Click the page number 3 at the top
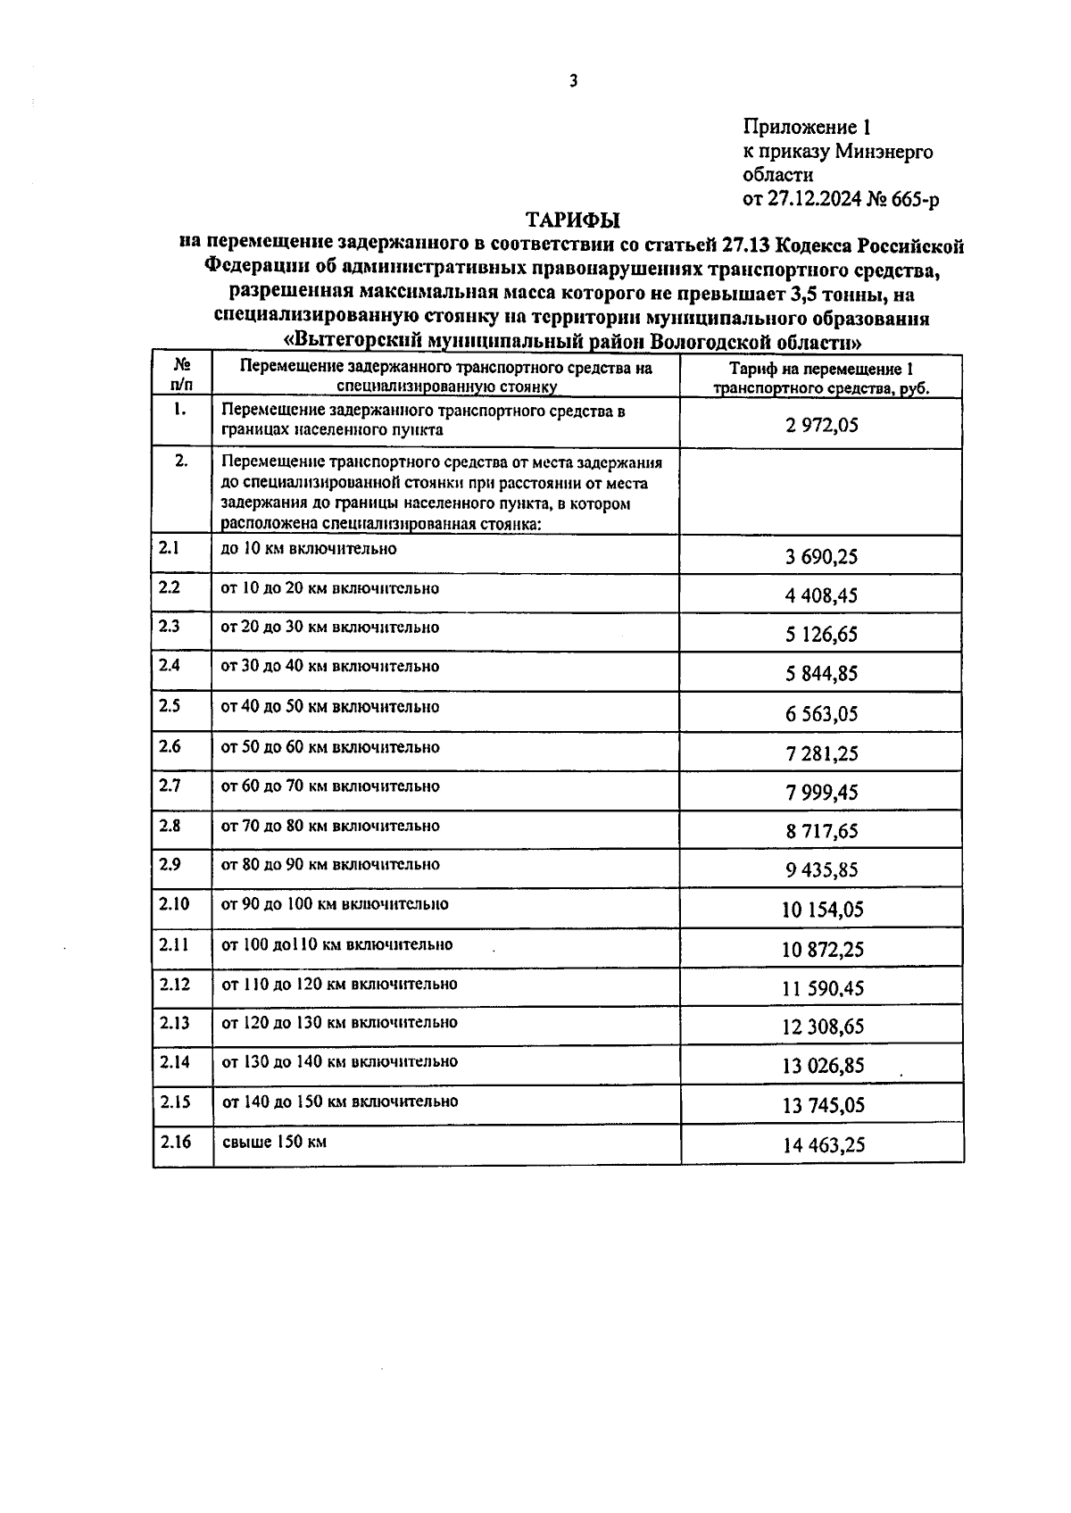click(574, 81)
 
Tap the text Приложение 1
click(806, 128)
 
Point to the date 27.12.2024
click(814, 200)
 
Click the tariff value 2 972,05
click(822, 425)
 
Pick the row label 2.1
click(170, 548)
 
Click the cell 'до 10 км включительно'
click(308, 549)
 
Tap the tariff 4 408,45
click(822, 595)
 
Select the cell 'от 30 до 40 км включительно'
click(330, 667)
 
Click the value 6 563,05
click(822, 714)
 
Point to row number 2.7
click(170, 786)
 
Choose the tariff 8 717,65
click(822, 831)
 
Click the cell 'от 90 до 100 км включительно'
click(335, 904)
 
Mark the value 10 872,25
click(822, 950)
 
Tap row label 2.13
click(175, 1023)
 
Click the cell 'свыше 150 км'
click(274, 1142)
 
